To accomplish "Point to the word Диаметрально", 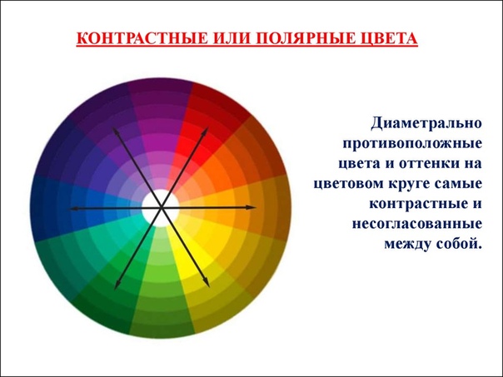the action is [426, 123].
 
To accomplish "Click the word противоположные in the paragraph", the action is [412, 143].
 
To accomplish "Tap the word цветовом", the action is [348, 184].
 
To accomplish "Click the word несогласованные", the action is [417, 224].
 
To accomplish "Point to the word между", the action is [407, 245].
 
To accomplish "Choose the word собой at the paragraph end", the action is [459, 244].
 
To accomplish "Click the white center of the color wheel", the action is [161, 208].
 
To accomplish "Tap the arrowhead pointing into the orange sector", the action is [251, 207].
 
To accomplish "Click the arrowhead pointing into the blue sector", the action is [74, 209].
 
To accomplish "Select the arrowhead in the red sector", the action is [206, 131].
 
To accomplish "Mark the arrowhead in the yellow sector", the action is [207, 283].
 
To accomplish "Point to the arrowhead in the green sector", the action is [117, 284].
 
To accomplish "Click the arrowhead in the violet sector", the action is [115, 131].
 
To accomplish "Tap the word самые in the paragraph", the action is [460, 184].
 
